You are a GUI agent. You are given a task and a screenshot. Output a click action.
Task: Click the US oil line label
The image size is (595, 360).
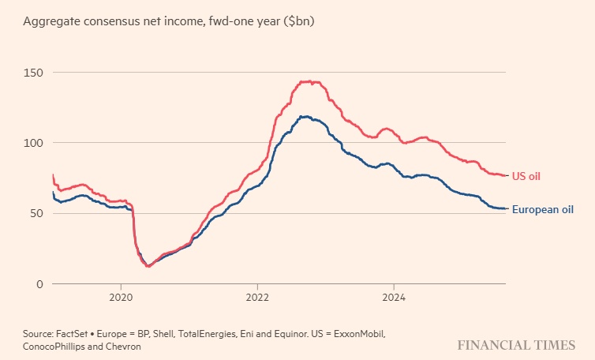click(x=526, y=175)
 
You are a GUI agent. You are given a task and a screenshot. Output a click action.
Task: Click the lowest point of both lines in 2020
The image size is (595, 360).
click(x=148, y=266)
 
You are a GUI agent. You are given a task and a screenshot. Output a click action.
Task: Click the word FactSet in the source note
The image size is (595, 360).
click(x=72, y=335)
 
